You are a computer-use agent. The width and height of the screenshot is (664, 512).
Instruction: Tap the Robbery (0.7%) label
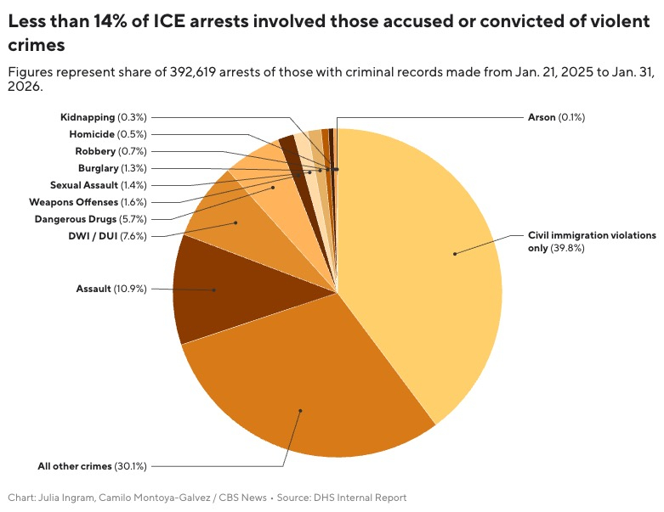[111, 150]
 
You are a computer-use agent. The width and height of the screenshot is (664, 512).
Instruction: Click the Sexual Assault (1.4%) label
[98, 184]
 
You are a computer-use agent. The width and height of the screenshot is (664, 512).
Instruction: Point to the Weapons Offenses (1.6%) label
[88, 202]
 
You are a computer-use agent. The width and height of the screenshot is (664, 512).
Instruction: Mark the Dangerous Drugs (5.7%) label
[90, 219]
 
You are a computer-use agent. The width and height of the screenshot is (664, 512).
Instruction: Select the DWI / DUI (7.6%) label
[107, 236]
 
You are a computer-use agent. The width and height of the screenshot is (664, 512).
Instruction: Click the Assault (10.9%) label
[111, 289]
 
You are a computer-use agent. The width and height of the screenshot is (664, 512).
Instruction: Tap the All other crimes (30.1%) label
[92, 465]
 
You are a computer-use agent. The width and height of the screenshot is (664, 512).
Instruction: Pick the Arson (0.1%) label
[556, 116]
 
